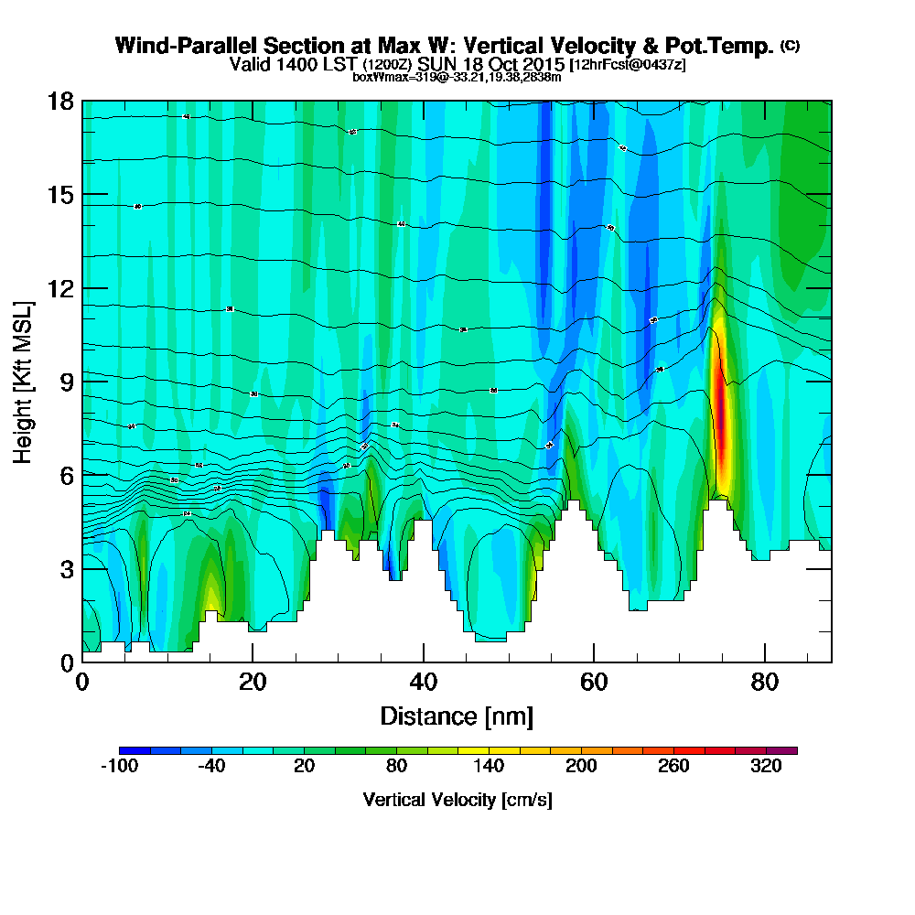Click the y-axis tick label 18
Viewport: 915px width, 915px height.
[60, 101]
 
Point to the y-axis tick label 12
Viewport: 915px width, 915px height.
[60, 288]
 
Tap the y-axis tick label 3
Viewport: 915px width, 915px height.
[66, 568]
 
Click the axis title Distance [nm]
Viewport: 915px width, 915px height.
[457, 716]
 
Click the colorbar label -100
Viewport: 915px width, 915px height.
[118, 767]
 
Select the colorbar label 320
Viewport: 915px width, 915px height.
[766, 767]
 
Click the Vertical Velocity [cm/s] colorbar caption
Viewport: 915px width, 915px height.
[457, 800]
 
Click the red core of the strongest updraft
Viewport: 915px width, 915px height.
[721, 421]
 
